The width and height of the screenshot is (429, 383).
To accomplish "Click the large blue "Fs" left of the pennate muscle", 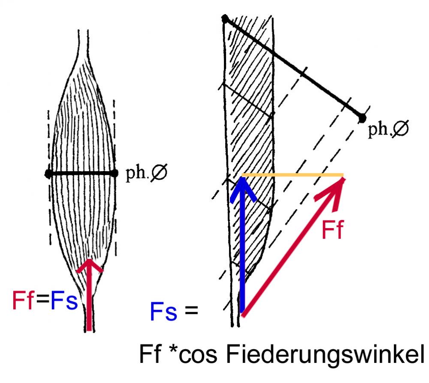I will point(163,312).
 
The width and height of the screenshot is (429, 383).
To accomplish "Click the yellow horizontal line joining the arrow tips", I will point(292,175).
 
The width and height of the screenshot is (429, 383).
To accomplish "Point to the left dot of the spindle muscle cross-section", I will point(48,173).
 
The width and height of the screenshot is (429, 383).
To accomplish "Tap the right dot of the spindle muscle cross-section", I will point(114,173).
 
